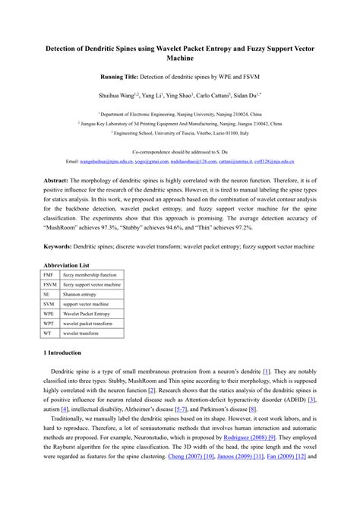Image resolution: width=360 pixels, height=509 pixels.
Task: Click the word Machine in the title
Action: coord(180,58)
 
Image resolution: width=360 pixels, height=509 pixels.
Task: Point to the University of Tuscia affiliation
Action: coord(180,131)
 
